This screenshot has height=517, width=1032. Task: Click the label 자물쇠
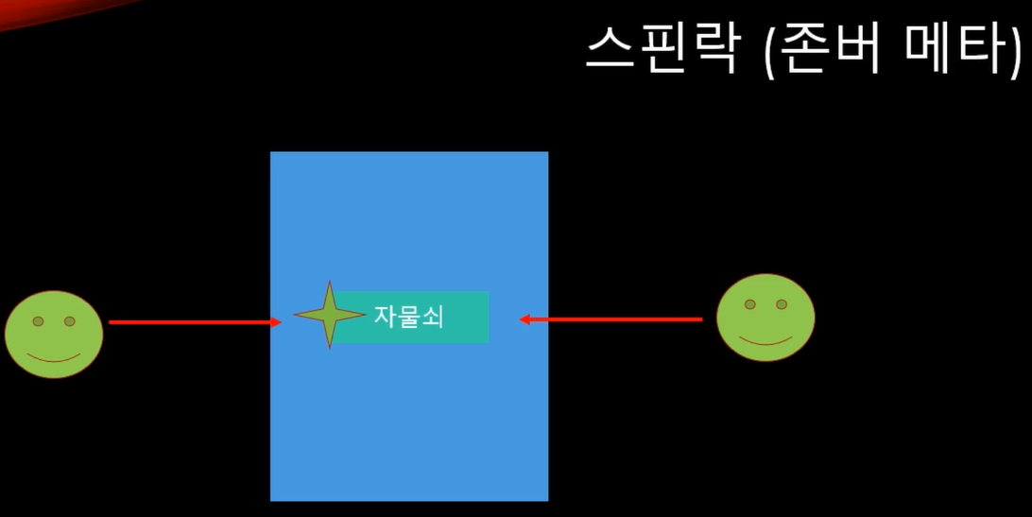coord(408,317)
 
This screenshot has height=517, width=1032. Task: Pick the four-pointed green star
coord(329,315)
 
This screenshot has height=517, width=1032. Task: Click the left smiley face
coord(54,334)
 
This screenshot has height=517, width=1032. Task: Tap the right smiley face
coord(765,317)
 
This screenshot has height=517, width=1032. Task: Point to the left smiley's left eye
coord(38,321)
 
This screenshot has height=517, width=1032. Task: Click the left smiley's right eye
coord(69,321)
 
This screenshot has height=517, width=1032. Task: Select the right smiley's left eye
coord(749,304)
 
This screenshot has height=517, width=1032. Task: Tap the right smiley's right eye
coord(782,304)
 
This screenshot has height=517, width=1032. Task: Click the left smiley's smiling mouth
coord(53,358)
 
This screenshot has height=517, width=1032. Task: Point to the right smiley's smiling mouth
coord(765,340)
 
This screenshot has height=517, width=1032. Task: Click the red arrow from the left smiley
coord(189,322)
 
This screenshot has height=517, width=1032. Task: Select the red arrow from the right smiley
coord(614,319)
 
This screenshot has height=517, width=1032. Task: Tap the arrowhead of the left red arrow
coord(277,322)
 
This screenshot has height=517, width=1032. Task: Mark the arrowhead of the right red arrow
coord(525,319)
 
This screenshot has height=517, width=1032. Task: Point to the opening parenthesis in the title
coord(767,49)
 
